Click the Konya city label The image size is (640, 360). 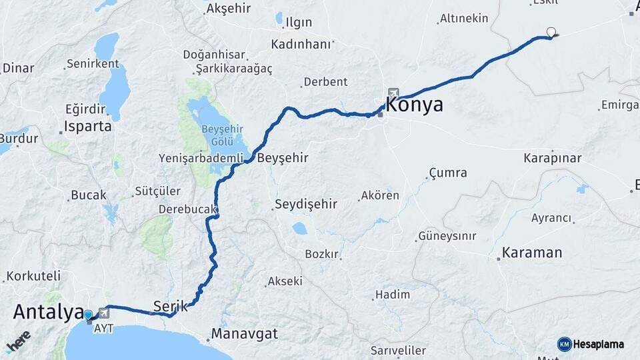415,105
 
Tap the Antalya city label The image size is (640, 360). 47,311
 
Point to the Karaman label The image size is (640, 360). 532,253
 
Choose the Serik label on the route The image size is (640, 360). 166,306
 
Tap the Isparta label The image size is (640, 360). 87,126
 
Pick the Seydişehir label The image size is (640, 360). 307,205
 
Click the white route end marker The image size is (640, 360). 551,31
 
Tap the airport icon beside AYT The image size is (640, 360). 103,313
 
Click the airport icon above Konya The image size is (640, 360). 393,93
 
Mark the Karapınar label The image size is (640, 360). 552,159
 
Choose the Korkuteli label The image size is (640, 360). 33,275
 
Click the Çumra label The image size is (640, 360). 448,173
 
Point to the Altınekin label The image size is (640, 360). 464,19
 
